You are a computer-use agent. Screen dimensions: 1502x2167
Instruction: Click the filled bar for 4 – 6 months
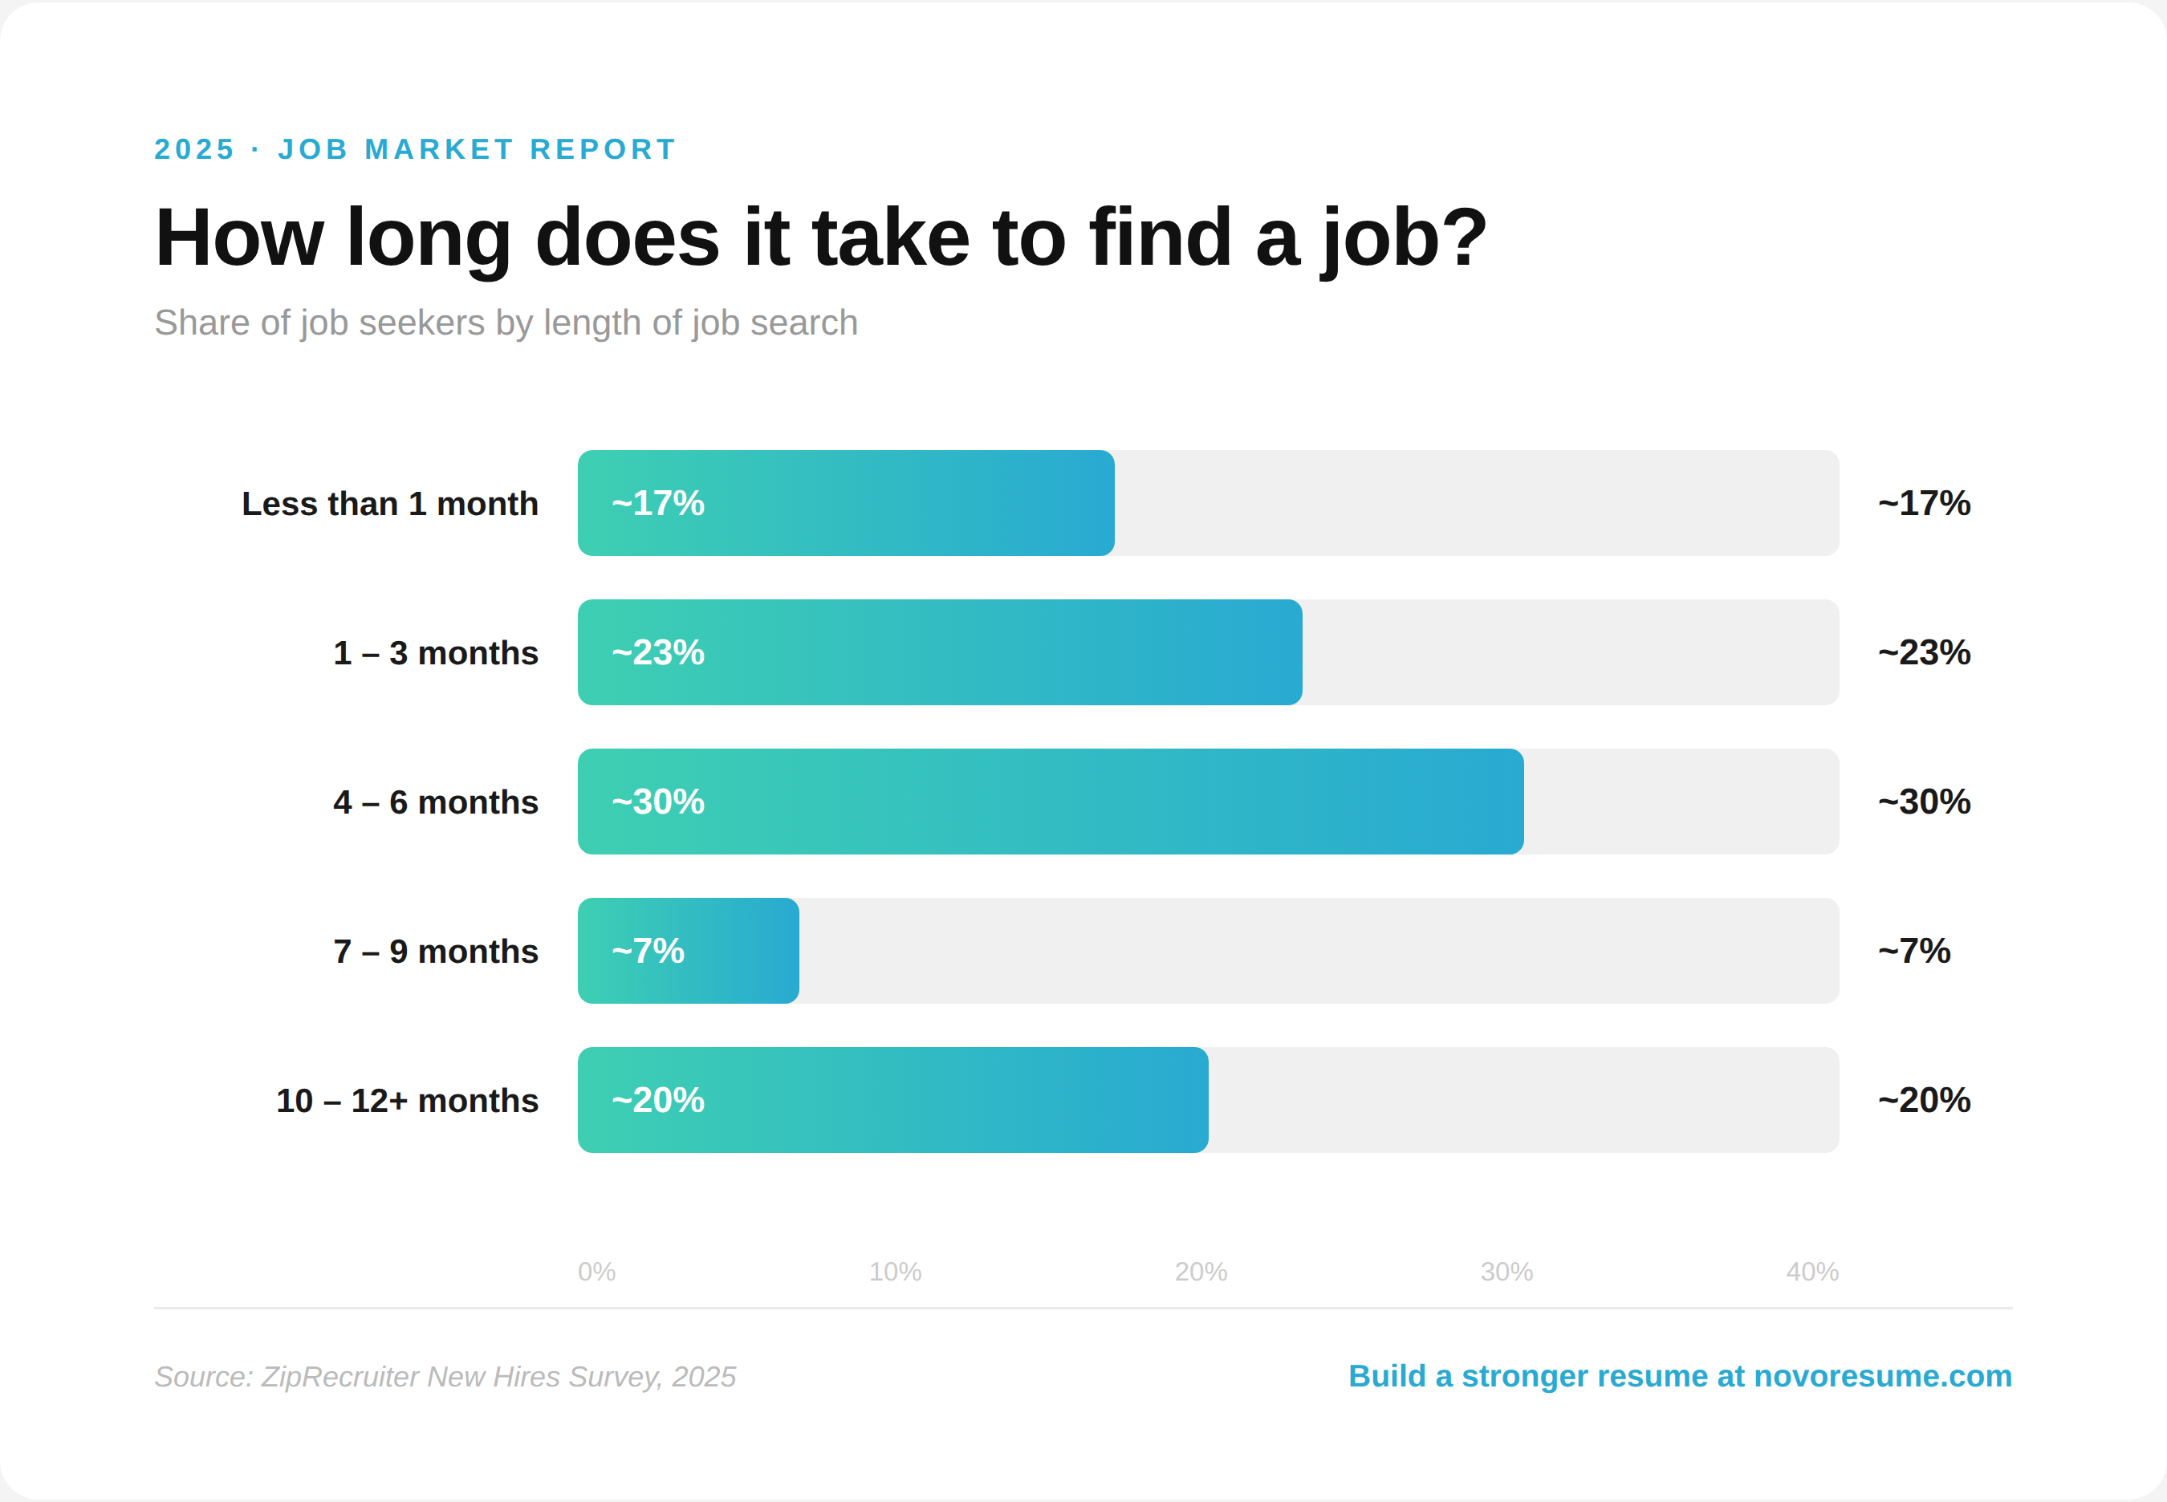click(x=1050, y=802)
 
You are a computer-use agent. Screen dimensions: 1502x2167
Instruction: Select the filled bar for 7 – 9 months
click(x=688, y=951)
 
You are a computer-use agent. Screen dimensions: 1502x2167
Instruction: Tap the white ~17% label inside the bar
click(x=658, y=504)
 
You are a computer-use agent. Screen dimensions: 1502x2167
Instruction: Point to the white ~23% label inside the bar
click(x=658, y=652)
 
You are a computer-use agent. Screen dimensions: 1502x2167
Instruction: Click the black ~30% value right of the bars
click(x=1923, y=802)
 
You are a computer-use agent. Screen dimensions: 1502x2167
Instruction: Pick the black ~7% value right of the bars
click(x=1913, y=951)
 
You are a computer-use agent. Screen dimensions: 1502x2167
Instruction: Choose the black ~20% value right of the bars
click(x=1923, y=1100)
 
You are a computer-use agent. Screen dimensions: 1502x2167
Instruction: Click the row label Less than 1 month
click(x=390, y=504)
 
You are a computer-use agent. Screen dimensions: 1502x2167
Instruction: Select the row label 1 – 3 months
click(x=435, y=653)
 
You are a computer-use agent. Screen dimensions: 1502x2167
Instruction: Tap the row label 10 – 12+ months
click(x=407, y=1100)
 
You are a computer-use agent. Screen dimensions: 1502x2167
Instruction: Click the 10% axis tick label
click(x=894, y=1272)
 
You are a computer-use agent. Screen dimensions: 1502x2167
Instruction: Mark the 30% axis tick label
click(x=1506, y=1272)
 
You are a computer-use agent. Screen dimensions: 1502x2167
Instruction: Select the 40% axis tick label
click(x=1812, y=1272)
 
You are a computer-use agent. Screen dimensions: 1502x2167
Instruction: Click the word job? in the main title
click(x=1404, y=239)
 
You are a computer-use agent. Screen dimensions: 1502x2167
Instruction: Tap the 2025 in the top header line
click(x=194, y=148)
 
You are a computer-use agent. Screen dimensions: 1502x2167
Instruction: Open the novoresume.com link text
click(x=1882, y=1376)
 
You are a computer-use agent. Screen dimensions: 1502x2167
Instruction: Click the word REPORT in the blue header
click(x=603, y=148)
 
